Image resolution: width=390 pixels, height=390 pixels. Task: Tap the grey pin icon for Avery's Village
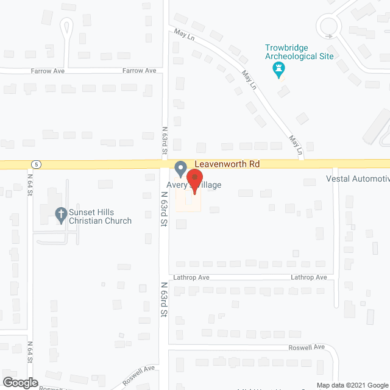click(x=180, y=168)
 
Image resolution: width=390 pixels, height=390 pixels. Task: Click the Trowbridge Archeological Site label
click(x=299, y=52)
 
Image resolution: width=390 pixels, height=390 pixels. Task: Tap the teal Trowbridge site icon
click(x=280, y=69)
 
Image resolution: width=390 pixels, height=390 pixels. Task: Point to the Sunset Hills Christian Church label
click(x=100, y=216)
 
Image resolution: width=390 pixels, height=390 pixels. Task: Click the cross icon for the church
click(x=60, y=214)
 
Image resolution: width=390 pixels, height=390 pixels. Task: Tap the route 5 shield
click(x=37, y=164)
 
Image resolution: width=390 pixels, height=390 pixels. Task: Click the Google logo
click(x=19, y=382)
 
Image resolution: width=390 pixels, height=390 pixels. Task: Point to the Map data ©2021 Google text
click(x=352, y=385)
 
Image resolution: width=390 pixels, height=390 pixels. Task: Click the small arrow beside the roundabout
click(x=329, y=37)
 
